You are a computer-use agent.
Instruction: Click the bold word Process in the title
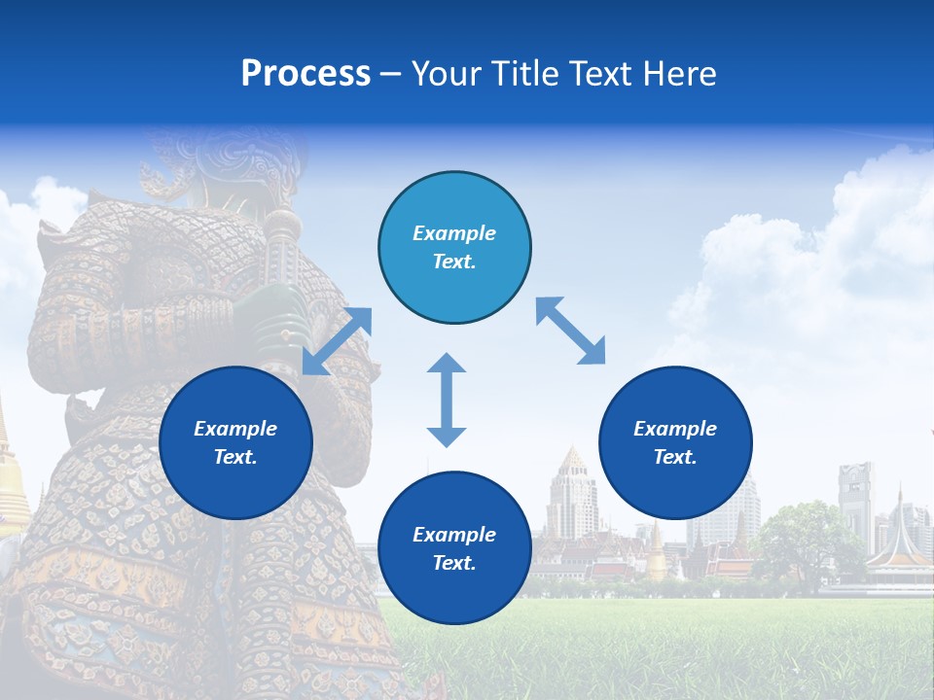(x=305, y=74)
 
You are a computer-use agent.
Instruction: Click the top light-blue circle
(x=454, y=247)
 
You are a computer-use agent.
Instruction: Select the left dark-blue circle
(x=235, y=442)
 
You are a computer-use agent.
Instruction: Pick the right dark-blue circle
(x=675, y=442)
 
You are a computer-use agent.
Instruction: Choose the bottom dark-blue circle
(x=454, y=548)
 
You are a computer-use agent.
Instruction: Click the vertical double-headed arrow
(x=447, y=400)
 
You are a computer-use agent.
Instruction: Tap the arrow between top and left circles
(x=337, y=341)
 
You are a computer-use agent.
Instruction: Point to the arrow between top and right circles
(x=570, y=331)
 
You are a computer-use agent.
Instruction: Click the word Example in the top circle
(x=454, y=233)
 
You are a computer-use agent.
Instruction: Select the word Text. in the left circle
(x=235, y=457)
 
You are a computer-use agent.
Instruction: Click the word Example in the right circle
(x=675, y=429)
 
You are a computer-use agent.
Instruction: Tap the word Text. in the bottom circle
(x=454, y=563)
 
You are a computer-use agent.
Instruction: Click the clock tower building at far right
(x=856, y=501)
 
